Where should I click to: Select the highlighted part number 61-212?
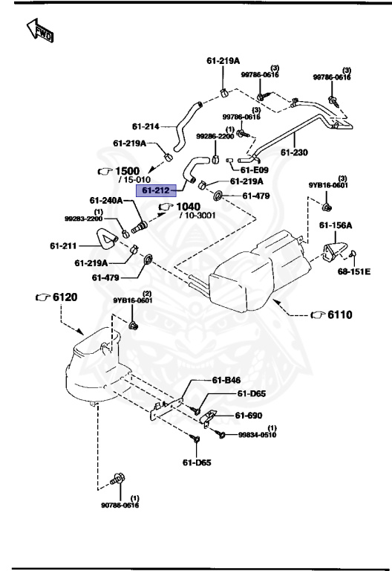coord(155,192)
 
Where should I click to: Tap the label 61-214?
coord(146,126)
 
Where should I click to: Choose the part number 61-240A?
coord(106,200)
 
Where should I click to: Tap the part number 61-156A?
coord(336,225)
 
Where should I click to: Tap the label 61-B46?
coord(226,381)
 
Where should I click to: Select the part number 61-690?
coord(251,416)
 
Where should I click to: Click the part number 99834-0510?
coord(257,435)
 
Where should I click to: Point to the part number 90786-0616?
coord(120,505)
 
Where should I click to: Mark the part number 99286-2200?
coord(215,136)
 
